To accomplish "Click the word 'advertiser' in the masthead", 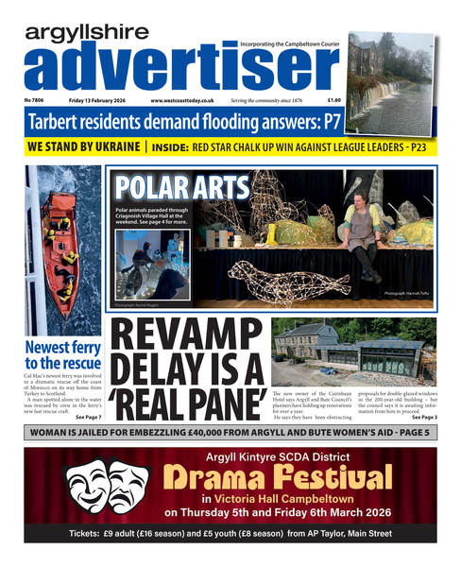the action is click(170, 66).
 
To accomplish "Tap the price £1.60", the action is click(333, 99).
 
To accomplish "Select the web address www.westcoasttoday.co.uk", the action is click(183, 99).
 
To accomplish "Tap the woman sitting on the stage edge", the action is click(367, 236).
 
